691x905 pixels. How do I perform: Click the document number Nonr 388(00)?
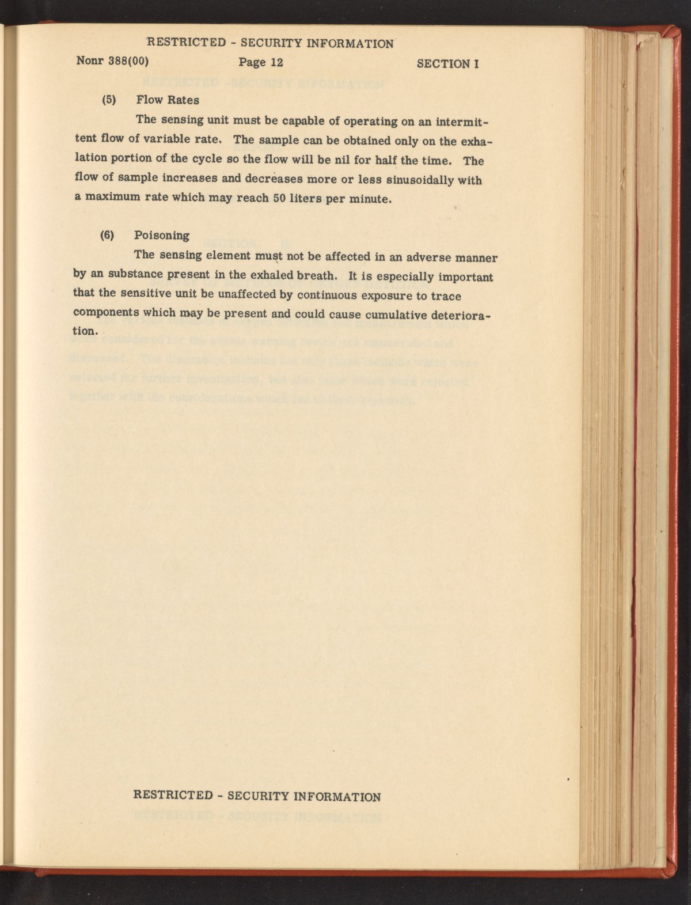pos(112,62)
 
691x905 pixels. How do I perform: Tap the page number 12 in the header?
pos(272,62)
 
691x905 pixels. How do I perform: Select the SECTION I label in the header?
pos(448,64)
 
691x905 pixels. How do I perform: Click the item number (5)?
pos(109,100)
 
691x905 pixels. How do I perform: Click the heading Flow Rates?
pos(168,100)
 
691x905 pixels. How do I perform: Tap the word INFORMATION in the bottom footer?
pos(337,797)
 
